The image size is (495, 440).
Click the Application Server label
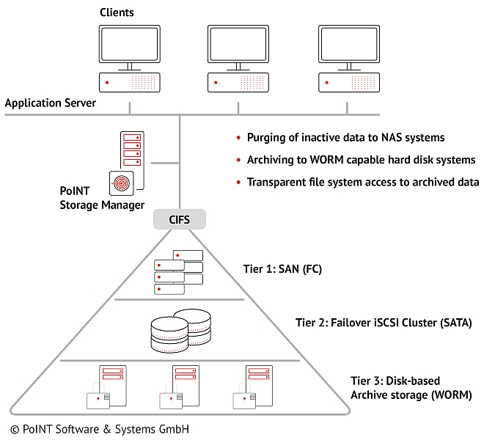[50, 103]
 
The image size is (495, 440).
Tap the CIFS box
[180, 218]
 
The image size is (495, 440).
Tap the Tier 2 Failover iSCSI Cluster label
[384, 322]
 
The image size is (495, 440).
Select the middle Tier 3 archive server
[179, 386]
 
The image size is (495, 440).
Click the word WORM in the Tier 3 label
[451, 395]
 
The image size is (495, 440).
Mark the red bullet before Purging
[238, 138]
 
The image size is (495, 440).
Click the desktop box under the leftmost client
[129, 81]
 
